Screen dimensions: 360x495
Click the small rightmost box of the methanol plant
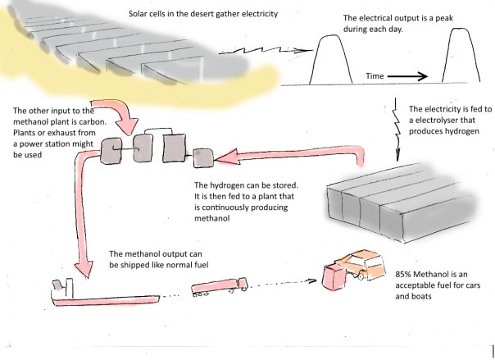point(204,155)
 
